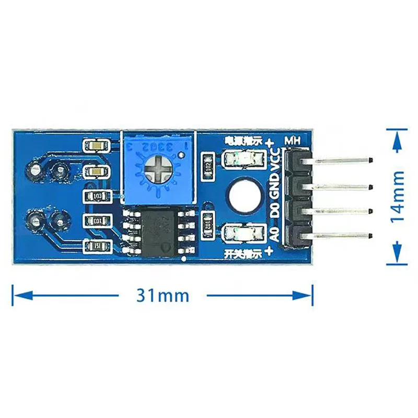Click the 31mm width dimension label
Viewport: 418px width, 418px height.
coord(162,296)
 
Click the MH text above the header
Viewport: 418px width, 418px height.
coord(292,141)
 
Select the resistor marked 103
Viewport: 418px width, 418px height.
coord(97,196)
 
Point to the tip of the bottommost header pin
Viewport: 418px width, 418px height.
coord(370,237)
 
